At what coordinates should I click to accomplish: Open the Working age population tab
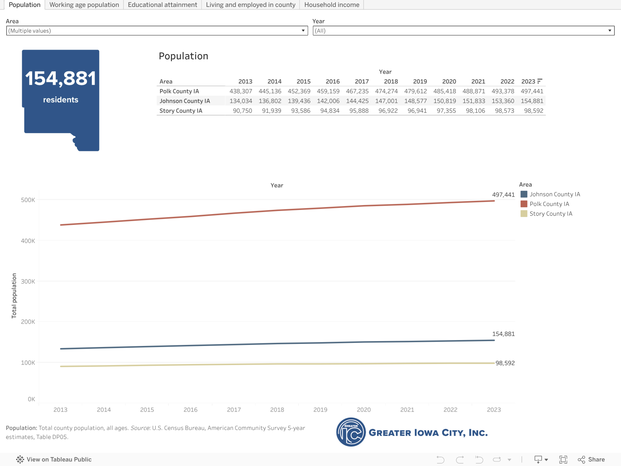point(84,5)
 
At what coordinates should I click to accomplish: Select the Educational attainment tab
point(162,5)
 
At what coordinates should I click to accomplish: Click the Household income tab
point(332,5)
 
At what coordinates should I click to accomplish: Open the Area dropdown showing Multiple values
point(157,31)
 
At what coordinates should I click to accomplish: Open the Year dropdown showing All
point(463,31)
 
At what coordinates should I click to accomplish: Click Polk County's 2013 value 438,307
point(241,91)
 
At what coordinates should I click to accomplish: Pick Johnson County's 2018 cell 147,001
point(386,101)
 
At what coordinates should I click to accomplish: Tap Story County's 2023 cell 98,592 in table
point(534,111)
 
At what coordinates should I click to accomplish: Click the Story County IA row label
point(181,111)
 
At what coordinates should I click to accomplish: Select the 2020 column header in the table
point(449,81)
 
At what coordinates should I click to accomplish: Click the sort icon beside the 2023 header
point(540,81)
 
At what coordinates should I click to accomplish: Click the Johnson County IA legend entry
point(554,194)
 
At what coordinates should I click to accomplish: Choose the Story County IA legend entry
point(551,214)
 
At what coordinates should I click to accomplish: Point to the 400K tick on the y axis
point(28,241)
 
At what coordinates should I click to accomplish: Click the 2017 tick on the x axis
point(234,409)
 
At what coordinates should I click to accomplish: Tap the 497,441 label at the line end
point(503,195)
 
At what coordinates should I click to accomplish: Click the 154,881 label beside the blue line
point(503,334)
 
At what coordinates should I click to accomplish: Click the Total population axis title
point(14,296)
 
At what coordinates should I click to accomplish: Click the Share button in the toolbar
point(592,459)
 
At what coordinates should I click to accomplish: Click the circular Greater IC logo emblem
point(351,432)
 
